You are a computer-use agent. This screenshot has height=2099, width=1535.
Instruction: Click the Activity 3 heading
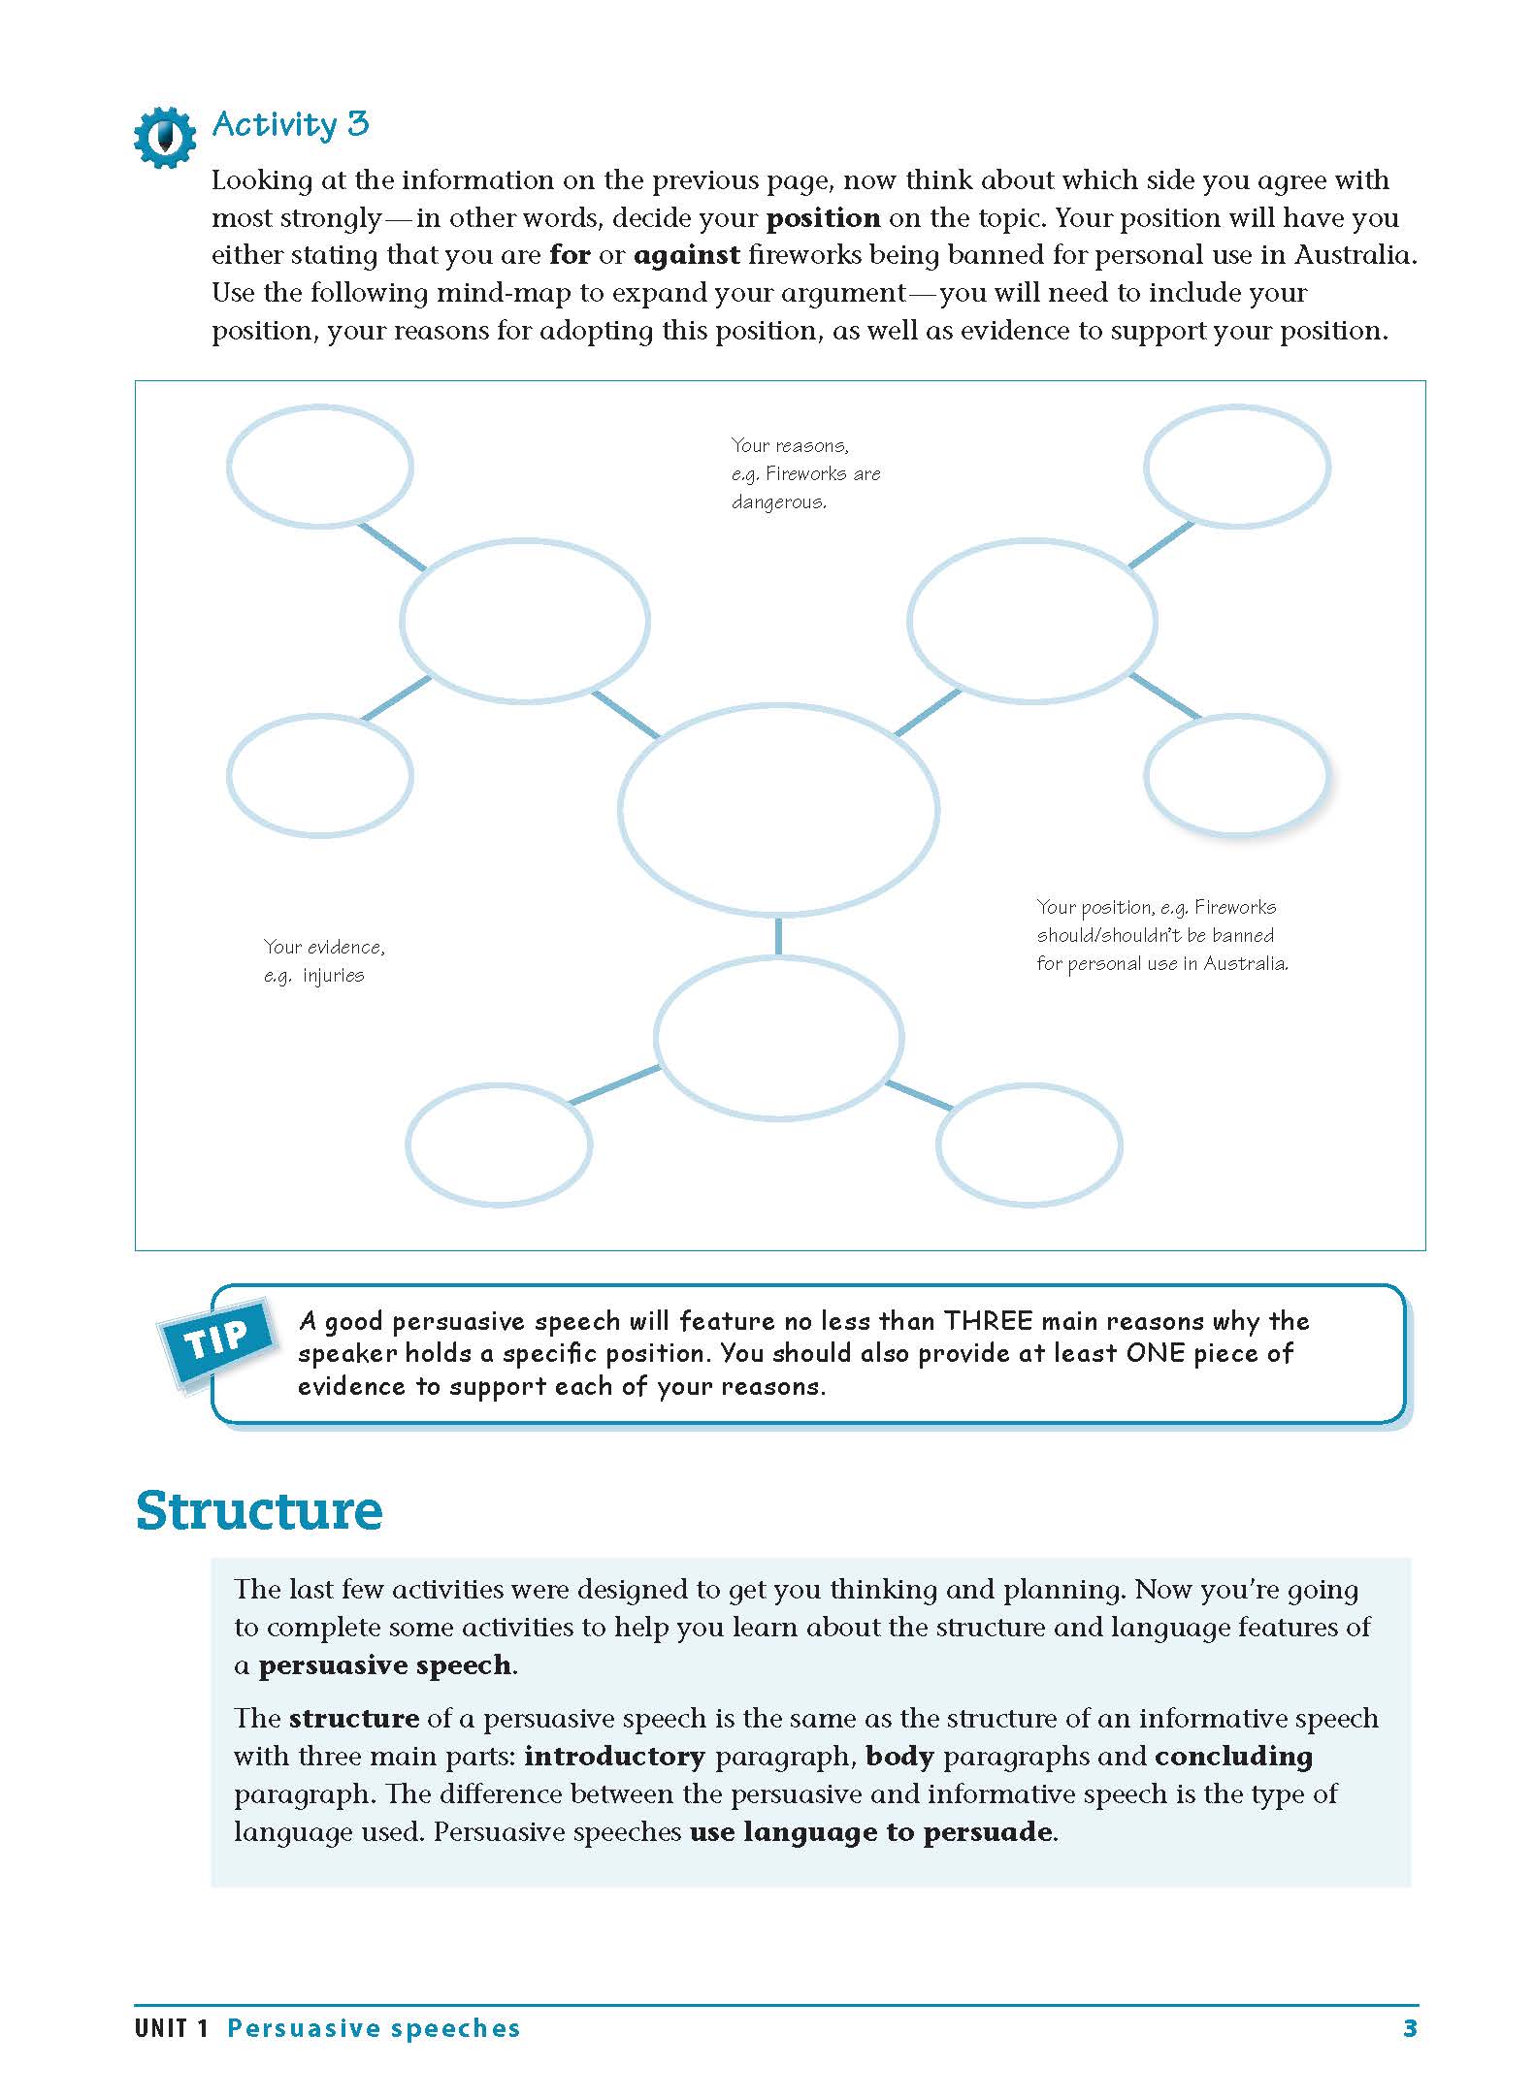point(290,124)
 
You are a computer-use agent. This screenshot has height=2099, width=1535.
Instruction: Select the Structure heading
point(259,1510)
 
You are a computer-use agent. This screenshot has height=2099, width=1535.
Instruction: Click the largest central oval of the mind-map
point(778,810)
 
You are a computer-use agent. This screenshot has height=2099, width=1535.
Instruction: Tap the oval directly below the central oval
point(778,1037)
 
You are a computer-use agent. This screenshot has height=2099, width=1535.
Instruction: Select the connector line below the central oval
point(778,936)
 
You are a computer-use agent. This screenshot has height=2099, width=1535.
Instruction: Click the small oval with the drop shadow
point(1235,775)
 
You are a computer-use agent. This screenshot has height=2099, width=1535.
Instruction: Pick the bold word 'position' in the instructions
point(823,218)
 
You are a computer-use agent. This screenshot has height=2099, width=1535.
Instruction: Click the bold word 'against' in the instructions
point(686,256)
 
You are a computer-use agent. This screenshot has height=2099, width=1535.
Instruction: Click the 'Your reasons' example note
point(804,473)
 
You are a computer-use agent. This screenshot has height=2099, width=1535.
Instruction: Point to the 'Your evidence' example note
point(323,960)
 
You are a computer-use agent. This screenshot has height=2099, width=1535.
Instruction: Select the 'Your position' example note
point(1161,935)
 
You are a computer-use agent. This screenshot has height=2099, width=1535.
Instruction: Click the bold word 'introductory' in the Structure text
point(614,1757)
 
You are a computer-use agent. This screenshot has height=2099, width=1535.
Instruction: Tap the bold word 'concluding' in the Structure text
point(1232,1757)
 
